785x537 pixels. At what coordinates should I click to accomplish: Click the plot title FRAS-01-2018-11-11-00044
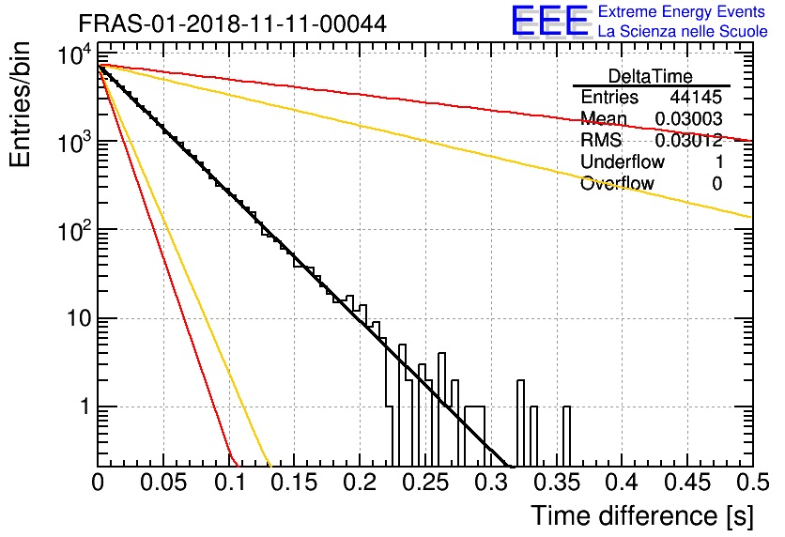(232, 24)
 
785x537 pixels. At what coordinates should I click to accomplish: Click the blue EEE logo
(550, 21)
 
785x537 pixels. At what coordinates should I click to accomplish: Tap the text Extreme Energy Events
(682, 11)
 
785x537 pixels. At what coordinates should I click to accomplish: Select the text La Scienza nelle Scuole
(683, 31)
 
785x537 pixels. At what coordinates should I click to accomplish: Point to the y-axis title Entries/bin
(20, 104)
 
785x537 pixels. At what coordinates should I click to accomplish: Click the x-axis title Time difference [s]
(642, 516)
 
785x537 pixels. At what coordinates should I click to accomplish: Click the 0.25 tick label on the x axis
(426, 483)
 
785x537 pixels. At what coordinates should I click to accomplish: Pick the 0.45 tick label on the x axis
(687, 483)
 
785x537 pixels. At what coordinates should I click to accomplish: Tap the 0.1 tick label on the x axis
(229, 483)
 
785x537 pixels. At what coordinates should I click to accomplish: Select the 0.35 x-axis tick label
(557, 483)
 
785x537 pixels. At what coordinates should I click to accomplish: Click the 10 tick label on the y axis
(80, 318)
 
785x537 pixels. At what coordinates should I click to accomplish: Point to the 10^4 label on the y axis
(75, 54)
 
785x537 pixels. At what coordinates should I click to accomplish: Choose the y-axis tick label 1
(86, 407)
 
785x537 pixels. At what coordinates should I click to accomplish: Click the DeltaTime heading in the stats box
(651, 76)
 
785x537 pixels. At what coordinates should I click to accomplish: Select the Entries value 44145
(696, 97)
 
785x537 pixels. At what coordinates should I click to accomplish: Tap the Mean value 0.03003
(688, 118)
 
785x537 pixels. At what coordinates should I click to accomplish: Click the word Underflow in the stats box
(623, 161)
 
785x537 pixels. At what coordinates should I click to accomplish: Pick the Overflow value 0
(716, 184)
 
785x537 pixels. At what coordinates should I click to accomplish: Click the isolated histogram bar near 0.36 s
(566, 436)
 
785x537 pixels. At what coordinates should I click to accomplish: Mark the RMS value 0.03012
(688, 140)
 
